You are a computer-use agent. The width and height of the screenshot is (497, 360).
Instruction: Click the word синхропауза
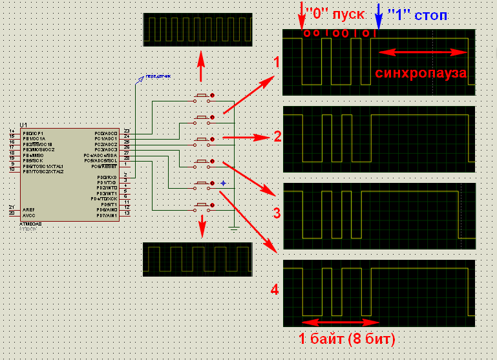(x=421, y=73)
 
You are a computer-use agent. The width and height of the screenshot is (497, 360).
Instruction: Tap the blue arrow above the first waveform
(x=379, y=17)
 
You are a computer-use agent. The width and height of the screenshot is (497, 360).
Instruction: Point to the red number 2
(x=277, y=136)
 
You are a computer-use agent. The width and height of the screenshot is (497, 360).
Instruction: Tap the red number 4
(x=275, y=290)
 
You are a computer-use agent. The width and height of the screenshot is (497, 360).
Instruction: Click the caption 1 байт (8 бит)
(x=346, y=338)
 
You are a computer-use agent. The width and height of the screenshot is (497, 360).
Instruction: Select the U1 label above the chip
(x=24, y=124)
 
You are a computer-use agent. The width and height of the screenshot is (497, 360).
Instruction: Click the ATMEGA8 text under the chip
(x=32, y=224)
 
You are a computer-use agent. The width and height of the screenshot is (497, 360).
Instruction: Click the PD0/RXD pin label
(x=107, y=177)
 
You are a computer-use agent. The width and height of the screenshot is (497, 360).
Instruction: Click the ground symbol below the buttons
(x=235, y=228)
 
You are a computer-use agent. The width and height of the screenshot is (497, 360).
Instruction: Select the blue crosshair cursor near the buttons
(x=223, y=184)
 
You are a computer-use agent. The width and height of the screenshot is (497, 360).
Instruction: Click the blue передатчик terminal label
(x=158, y=76)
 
